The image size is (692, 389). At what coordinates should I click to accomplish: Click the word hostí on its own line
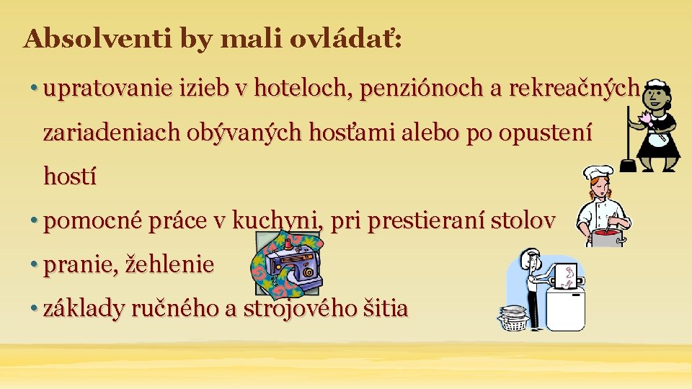[x=70, y=176]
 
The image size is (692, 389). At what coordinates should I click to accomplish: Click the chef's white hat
[x=598, y=174]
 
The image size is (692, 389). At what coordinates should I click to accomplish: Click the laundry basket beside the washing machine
[x=513, y=318]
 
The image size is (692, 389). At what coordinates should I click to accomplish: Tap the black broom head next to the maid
[x=628, y=165]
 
